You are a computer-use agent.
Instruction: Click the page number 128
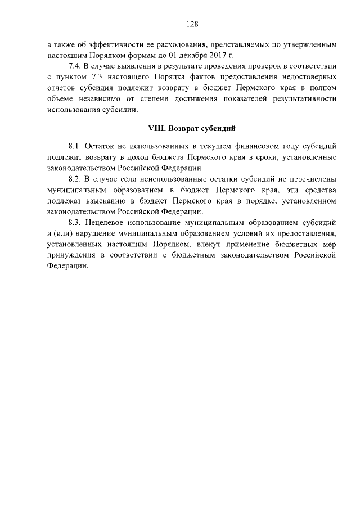191,24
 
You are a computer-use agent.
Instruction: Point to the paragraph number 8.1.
75,148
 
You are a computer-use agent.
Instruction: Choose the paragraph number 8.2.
75,179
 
